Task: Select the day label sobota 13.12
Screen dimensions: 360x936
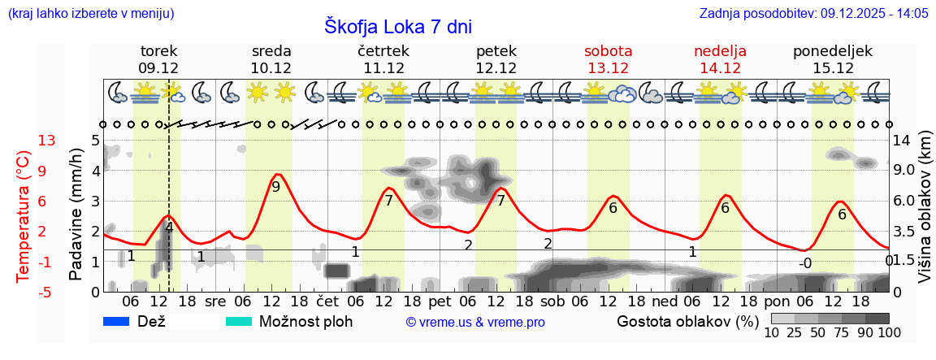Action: tap(608, 59)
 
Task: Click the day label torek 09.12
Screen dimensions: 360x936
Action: tap(158, 59)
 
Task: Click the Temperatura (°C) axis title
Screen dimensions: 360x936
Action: tap(24, 216)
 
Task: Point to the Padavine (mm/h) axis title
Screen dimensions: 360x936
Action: tap(76, 215)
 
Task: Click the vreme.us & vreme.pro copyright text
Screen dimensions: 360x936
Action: tap(475, 323)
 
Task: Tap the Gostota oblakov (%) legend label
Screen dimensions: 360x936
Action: tap(687, 321)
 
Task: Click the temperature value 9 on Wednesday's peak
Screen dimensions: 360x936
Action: tap(275, 187)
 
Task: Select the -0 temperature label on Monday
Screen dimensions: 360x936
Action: tap(804, 263)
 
